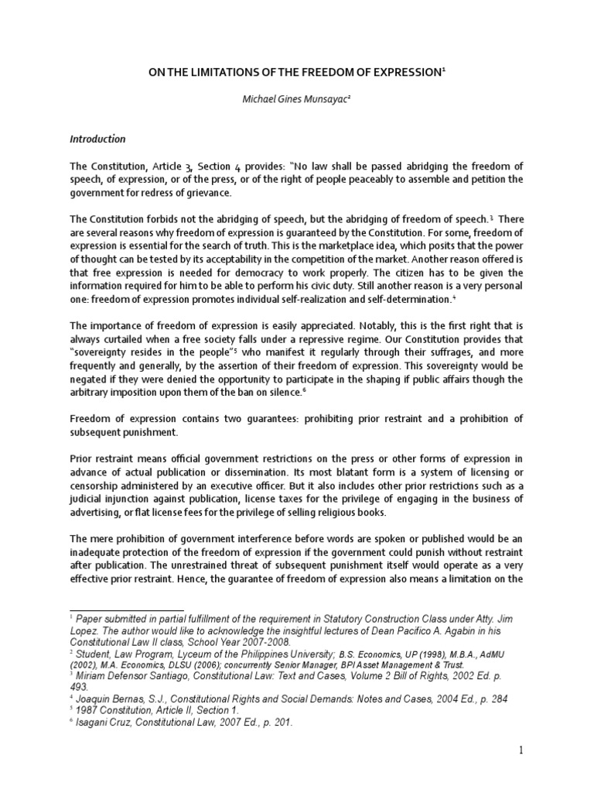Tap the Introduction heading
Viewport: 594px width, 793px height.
point(97,139)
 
